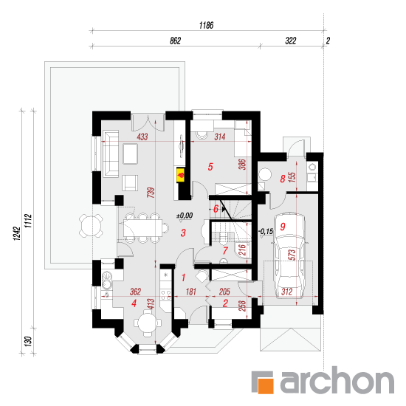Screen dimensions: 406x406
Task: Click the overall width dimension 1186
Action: click(207, 25)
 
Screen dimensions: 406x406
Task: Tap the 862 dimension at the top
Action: click(175, 41)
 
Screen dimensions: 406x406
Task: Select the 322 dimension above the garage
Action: click(291, 41)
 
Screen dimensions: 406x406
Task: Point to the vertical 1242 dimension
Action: click(17, 233)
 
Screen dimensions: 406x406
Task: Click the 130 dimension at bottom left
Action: click(28, 341)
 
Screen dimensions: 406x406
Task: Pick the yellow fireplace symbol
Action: click(181, 175)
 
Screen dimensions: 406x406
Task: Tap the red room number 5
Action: click(210, 167)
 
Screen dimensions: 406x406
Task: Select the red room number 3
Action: click(183, 233)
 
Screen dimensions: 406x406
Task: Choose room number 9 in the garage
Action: click(283, 227)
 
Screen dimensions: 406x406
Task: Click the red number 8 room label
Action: click(283, 179)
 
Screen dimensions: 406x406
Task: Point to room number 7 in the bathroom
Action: click(225, 250)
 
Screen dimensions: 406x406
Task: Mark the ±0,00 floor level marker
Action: click(185, 216)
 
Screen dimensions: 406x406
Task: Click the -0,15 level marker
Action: click(266, 231)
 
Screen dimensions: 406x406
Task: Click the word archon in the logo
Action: click(337, 380)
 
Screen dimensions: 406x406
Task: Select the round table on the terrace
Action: click(91, 225)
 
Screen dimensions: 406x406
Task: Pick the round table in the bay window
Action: click(148, 323)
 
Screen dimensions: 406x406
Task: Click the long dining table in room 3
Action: click(142, 228)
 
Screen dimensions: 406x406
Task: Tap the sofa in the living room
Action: click(111, 154)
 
